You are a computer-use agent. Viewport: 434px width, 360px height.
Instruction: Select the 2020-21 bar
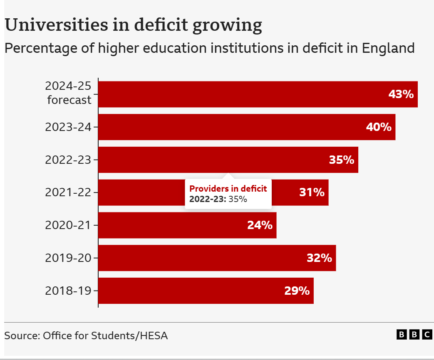187,225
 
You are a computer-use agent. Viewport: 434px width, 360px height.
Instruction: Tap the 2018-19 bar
206,291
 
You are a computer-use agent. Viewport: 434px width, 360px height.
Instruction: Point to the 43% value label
401,94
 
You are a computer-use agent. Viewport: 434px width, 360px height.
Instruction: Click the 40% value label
379,127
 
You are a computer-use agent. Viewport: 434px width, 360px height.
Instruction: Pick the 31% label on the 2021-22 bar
312,192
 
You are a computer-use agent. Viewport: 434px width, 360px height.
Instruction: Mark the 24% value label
260,225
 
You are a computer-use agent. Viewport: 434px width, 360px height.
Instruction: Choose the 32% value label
319,258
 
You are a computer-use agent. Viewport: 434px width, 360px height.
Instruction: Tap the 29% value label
297,291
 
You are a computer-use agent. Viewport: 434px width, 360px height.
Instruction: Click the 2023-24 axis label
68,127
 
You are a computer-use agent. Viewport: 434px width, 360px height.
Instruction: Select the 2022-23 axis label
68,160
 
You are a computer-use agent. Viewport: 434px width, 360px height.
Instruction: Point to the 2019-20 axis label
68,258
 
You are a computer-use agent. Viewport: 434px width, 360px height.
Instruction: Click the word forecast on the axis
69,100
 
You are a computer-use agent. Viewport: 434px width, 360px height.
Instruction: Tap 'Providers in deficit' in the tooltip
228,189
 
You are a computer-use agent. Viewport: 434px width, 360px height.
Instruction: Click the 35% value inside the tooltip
238,199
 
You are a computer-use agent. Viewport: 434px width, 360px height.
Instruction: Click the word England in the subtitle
388,48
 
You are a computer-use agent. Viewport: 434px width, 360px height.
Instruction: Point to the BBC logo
414,335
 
